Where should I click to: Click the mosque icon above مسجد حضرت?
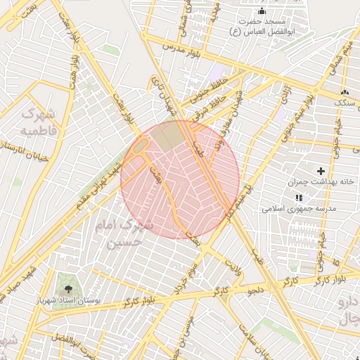(262, 11)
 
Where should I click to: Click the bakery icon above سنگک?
(344, 93)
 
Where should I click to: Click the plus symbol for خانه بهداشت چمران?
(322, 171)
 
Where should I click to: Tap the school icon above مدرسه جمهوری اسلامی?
(299, 198)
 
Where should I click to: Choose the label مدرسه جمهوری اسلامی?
(300, 209)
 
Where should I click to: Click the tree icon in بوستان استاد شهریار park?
(68, 289)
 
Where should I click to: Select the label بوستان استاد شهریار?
(69, 300)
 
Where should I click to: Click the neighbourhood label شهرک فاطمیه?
(42, 122)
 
